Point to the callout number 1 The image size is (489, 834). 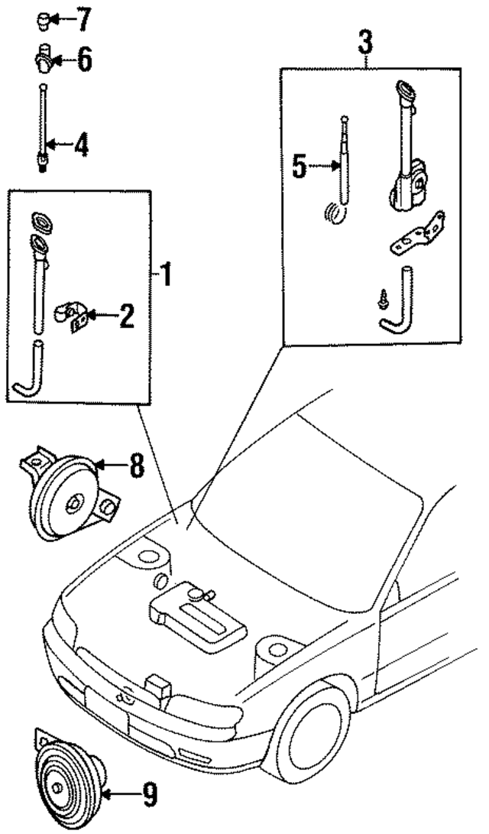(165, 274)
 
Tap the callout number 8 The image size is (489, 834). (135, 465)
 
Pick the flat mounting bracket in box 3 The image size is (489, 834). (416, 237)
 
